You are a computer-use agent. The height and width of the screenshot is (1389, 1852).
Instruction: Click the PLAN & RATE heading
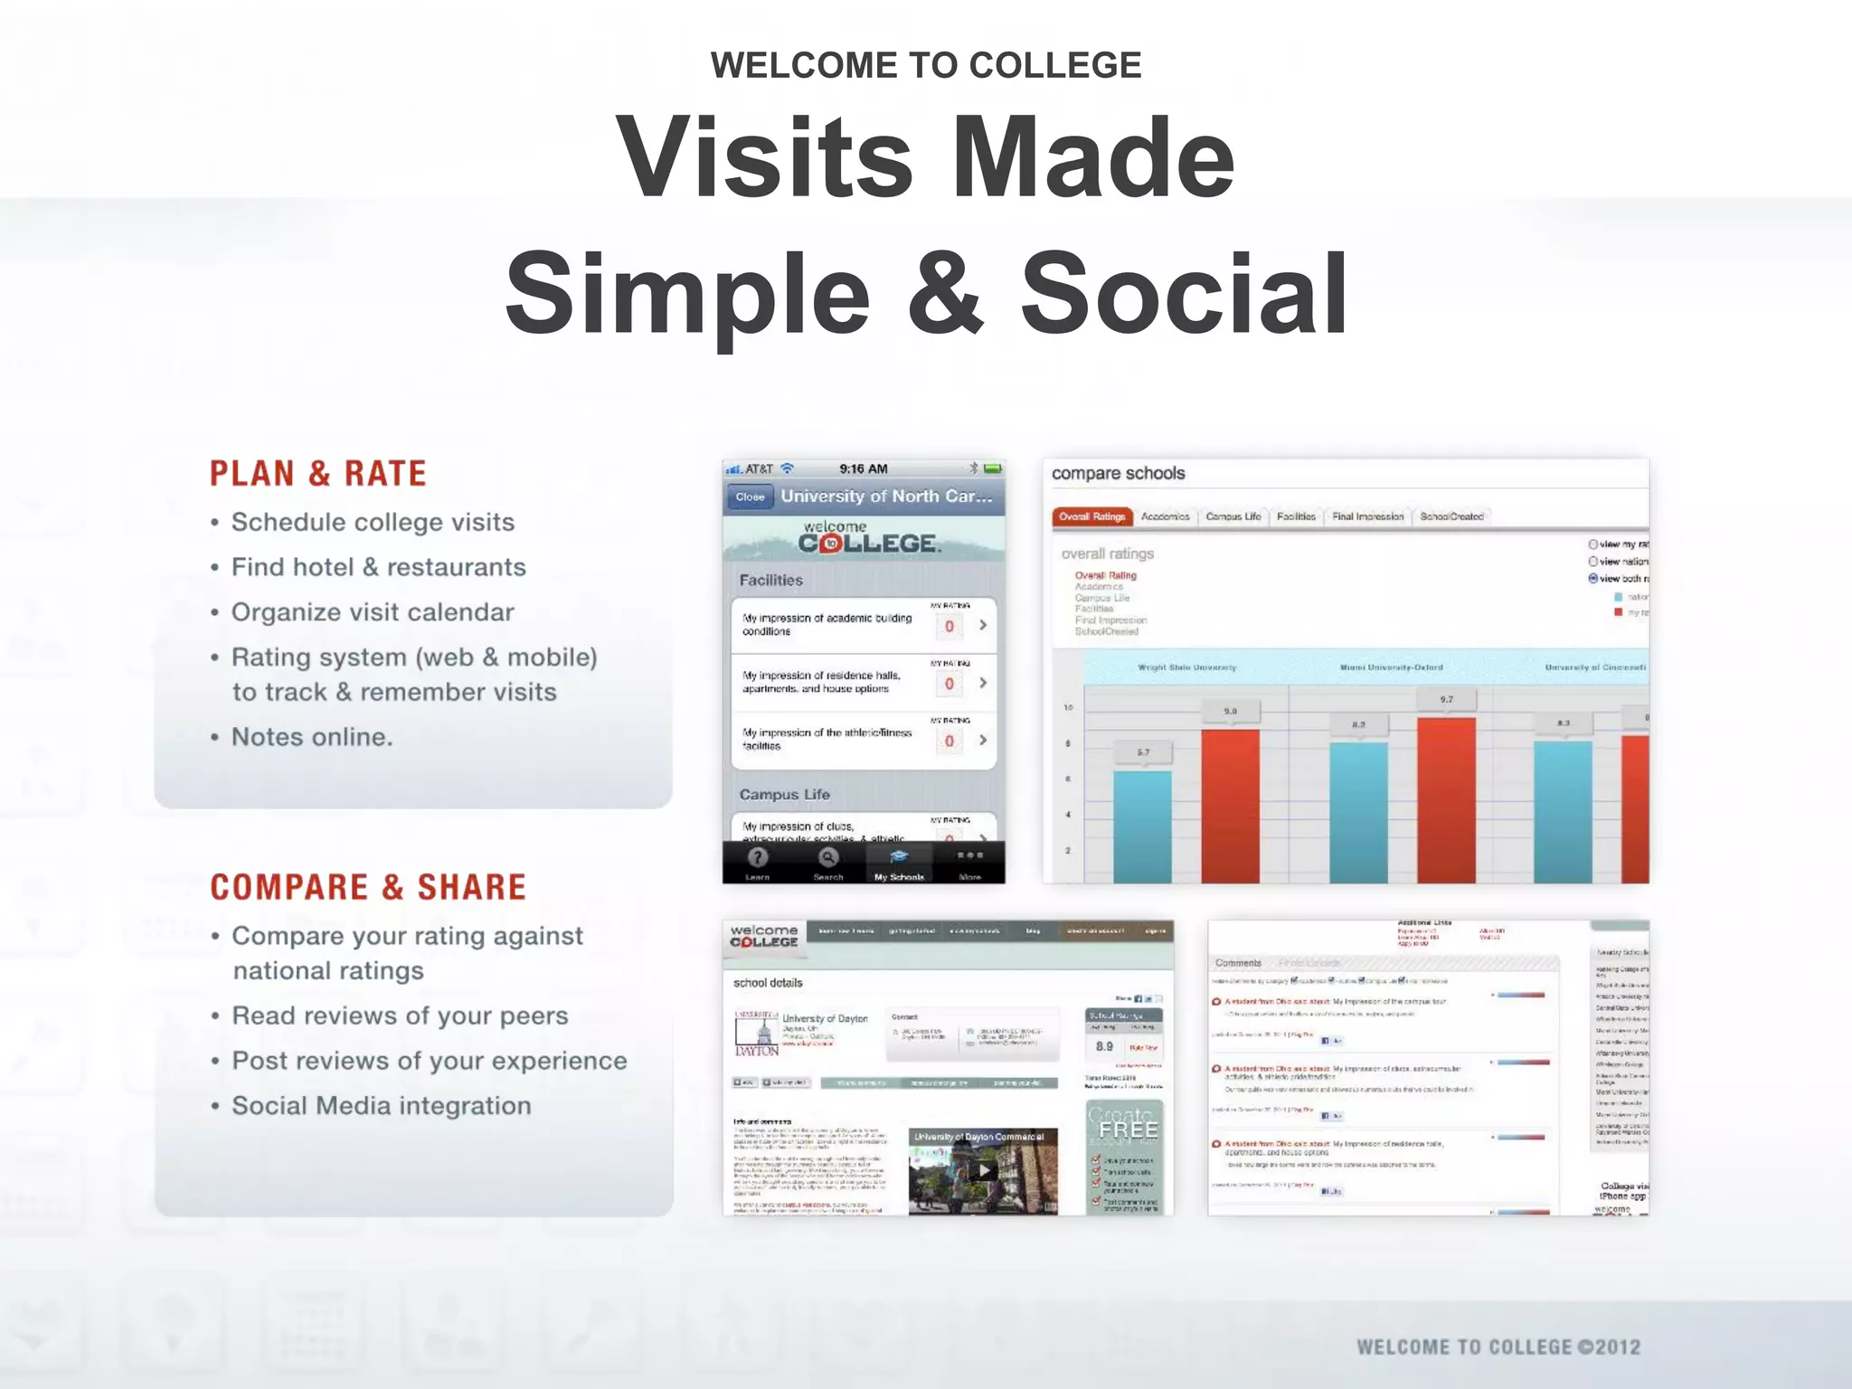[317, 474]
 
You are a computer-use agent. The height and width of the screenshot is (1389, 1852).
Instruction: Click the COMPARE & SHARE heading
[368, 887]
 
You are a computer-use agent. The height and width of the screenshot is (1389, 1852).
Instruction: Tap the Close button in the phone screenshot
[750, 496]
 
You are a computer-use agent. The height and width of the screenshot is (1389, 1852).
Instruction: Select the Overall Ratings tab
[1091, 516]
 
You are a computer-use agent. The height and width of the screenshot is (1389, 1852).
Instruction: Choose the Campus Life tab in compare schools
[1233, 516]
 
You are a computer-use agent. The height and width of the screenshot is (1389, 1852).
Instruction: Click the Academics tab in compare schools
[1165, 516]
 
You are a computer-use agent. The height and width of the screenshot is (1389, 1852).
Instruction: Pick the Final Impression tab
[1367, 516]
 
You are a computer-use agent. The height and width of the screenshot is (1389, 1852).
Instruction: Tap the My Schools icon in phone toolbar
[899, 863]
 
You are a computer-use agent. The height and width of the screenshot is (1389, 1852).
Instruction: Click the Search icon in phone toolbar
[827, 863]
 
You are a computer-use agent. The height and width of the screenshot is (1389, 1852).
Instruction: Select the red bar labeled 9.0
[1230, 805]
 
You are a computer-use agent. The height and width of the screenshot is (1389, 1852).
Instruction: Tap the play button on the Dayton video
[983, 1170]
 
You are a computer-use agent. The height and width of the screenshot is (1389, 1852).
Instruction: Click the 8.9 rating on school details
[1104, 1046]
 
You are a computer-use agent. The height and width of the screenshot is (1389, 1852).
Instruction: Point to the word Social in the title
[1185, 294]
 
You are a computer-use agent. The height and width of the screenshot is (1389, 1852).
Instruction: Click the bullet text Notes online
[312, 737]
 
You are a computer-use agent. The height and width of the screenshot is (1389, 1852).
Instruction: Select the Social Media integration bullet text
[381, 1106]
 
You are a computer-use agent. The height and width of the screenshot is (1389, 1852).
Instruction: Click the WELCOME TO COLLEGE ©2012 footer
[1498, 1346]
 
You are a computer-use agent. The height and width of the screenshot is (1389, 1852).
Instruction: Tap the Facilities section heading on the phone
[770, 581]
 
